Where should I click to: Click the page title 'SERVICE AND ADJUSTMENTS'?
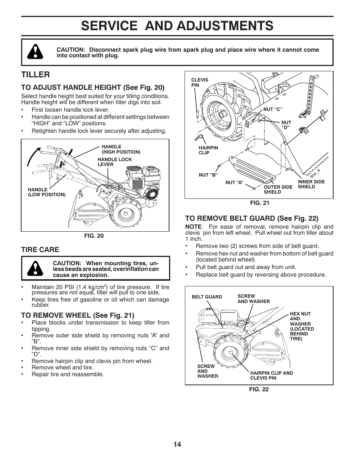pyautogui.click(x=177, y=26)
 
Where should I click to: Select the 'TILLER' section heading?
pyautogui.click(x=35, y=74)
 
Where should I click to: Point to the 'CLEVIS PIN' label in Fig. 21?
pyautogui.click(x=200, y=83)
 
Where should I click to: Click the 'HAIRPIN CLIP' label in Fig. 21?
pyautogui.click(x=208, y=150)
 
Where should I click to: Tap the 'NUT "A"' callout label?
pyautogui.click(x=234, y=183)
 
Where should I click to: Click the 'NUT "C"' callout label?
pyautogui.click(x=273, y=109)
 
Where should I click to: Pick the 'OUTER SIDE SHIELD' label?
pyautogui.click(x=278, y=189)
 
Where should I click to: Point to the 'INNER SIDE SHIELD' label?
pyautogui.click(x=311, y=184)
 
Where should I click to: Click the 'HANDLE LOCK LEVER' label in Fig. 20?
pyautogui.click(x=115, y=162)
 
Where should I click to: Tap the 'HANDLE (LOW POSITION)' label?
pyautogui.click(x=46, y=192)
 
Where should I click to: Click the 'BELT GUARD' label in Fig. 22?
pyautogui.click(x=207, y=297)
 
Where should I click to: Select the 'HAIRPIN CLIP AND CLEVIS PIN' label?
pyautogui.click(x=271, y=375)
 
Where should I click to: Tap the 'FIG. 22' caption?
pyautogui.click(x=258, y=389)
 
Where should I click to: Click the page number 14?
pyautogui.click(x=177, y=444)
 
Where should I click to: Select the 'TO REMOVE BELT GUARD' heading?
pyautogui.click(x=252, y=218)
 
